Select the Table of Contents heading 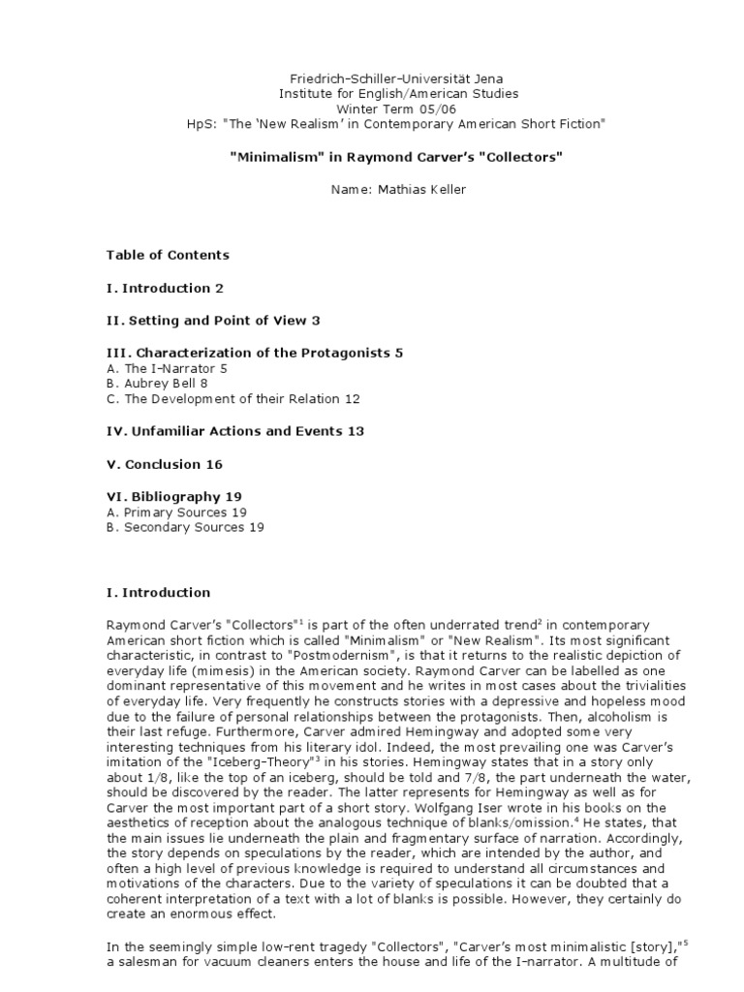(168, 255)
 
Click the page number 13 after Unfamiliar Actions (355, 431)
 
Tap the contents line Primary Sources (169, 512)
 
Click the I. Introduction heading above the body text (158, 592)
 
